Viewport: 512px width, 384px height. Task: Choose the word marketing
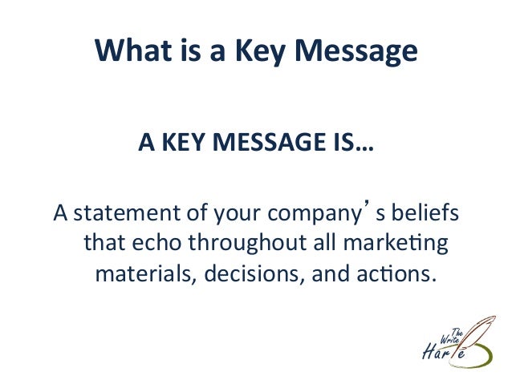click(394, 244)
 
